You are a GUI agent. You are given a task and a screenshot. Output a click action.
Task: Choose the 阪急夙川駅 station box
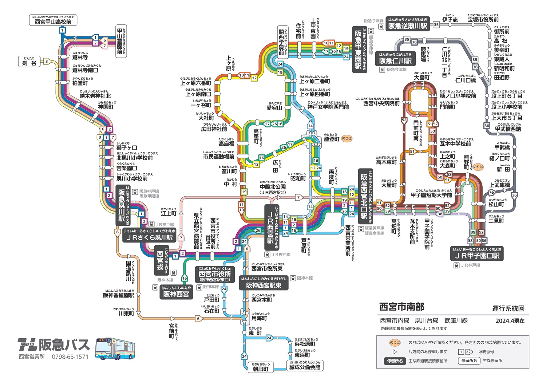(122, 205)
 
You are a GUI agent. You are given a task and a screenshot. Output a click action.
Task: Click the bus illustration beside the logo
(115, 349)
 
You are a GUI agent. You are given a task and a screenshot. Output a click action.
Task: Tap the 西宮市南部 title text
(402, 307)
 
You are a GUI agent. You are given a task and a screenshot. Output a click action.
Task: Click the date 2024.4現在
(510, 321)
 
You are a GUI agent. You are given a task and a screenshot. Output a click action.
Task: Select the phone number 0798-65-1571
(70, 357)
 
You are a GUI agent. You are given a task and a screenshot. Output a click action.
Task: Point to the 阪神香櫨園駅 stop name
(119, 295)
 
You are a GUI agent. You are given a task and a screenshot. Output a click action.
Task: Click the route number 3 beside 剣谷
(47, 62)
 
